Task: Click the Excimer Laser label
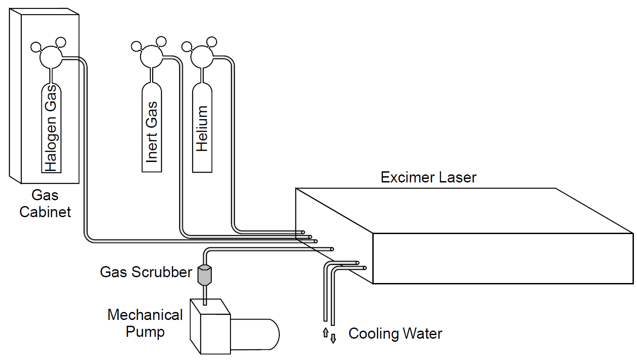[x=428, y=178]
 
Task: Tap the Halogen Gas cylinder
[x=52, y=129]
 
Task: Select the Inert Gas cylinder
[x=152, y=129]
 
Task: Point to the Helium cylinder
[x=202, y=129]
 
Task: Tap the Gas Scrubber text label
[x=146, y=272]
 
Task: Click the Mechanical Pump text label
[x=145, y=323]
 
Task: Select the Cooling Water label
[x=395, y=334]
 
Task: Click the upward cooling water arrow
[x=325, y=332]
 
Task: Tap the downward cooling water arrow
[x=333, y=339]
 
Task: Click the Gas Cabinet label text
[x=45, y=203]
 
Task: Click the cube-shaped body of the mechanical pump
[x=209, y=327]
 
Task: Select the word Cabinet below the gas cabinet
[x=45, y=211]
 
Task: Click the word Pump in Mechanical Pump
[x=145, y=332]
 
